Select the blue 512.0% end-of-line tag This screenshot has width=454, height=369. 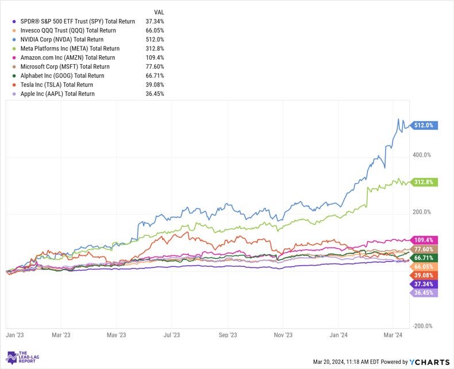(424, 126)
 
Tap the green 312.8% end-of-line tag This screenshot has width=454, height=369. (424, 182)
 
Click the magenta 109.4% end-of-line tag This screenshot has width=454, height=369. (424, 239)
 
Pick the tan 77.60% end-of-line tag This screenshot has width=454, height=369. (424, 248)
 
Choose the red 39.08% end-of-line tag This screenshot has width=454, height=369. (424, 275)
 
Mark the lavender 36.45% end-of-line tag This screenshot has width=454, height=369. (424, 293)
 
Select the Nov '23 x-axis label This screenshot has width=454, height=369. (283, 335)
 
